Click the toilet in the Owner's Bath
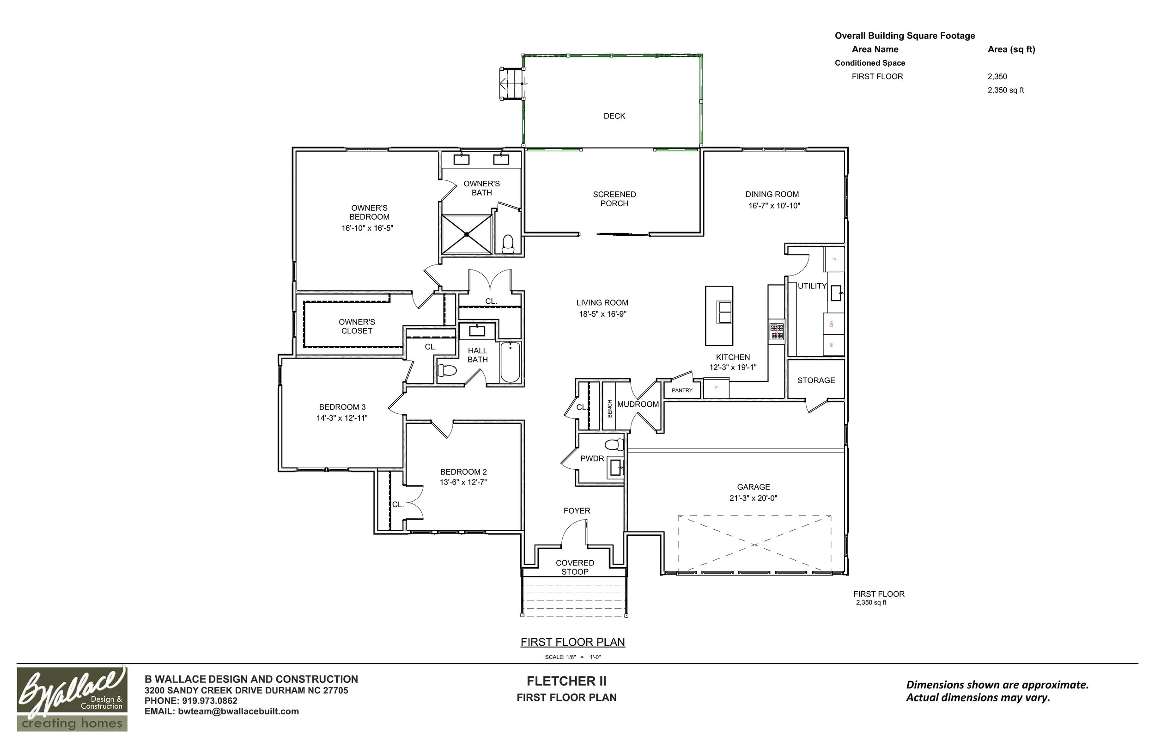click(508, 244)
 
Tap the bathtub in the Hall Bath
click(510, 362)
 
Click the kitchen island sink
click(724, 313)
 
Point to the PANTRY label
click(682, 391)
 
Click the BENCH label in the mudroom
click(609, 409)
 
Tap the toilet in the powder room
click(614, 444)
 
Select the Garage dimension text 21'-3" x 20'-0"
click(753, 498)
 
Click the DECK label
click(614, 116)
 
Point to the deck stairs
click(511, 84)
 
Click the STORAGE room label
click(816, 380)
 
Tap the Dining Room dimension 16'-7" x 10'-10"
click(774, 205)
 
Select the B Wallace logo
click(72, 698)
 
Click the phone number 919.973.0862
click(210, 701)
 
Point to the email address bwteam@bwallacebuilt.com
click(238, 711)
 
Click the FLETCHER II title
click(566, 681)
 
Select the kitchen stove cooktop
click(777, 331)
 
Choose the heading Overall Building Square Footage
click(905, 36)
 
